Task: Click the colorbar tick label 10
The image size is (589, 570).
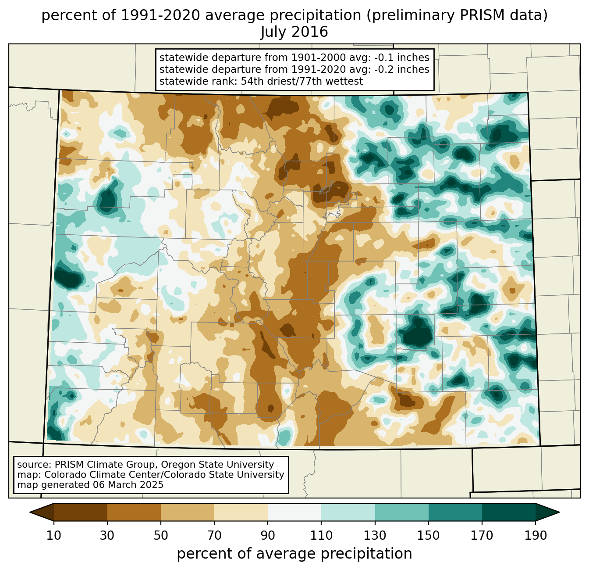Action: click(x=54, y=536)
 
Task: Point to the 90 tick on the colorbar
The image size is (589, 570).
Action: click(x=268, y=536)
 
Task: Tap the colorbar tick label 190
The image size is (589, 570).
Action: click(x=536, y=536)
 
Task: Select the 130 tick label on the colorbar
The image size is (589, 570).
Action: click(x=375, y=536)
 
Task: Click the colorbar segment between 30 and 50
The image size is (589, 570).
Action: click(x=134, y=512)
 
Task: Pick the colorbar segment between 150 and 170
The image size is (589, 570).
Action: click(x=455, y=512)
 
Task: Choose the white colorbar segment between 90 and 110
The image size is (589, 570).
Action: click(x=294, y=512)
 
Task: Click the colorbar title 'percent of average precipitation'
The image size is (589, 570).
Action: click(x=294, y=554)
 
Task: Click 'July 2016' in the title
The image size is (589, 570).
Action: click(x=294, y=32)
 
